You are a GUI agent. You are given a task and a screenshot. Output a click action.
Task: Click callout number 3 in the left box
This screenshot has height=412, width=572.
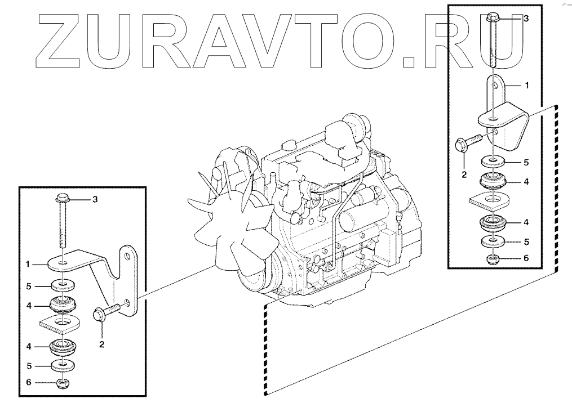(95, 200)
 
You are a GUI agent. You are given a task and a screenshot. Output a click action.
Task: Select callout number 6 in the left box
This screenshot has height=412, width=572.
(29, 382)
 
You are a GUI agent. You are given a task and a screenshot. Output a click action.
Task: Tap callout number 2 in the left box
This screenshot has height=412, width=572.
(102, 344)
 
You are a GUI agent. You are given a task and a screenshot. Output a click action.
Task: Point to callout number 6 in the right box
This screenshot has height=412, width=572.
(526, 258)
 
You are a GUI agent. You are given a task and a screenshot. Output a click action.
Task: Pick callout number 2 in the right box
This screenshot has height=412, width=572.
(464, 175)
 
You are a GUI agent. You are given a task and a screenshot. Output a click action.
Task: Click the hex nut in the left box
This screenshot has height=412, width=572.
(63, 383)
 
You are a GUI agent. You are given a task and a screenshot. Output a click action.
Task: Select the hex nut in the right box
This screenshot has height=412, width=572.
(493, 259)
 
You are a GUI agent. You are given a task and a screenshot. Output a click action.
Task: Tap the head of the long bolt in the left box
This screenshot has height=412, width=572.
(63, 199)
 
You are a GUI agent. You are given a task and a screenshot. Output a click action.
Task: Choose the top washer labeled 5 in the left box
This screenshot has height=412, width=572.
(63, 285)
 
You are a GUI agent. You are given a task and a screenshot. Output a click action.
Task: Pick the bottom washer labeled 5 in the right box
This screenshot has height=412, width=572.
(493, 241)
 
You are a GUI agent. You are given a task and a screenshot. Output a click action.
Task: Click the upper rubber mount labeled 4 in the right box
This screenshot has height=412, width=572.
(493, 181)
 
